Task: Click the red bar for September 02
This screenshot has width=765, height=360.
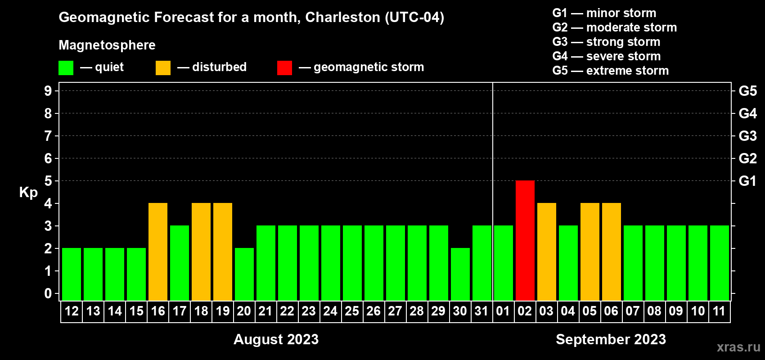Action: pos(525,240)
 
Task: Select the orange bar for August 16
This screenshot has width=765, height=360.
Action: pos(158,252)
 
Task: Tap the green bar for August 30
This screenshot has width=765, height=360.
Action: pos(460,274)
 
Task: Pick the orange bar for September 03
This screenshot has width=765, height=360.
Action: pos(547,252)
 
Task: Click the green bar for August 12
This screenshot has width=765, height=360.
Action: pos(72,274)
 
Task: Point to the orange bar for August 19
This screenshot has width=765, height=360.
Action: pos(223,252)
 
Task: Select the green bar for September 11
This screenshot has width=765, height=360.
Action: pos(720,263)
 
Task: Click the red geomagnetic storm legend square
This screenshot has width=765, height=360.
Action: pos(284,68)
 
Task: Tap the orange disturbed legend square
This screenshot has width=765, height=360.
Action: pos(163,68)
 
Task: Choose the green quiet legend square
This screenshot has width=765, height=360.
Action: pos(66,68)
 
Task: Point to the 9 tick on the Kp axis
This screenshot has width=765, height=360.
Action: pos(48,91)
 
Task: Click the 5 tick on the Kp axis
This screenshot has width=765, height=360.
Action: pos(48,181)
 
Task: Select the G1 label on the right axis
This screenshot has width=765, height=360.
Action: pos(747,181)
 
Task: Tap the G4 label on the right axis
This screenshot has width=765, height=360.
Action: pos(747,113)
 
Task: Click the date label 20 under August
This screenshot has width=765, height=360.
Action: pos(244,311)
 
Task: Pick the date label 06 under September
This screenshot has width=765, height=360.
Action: pos(611,311)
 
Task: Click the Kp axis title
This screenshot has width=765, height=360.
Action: pos(28,193)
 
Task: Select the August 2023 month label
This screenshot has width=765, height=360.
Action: pos(276,339)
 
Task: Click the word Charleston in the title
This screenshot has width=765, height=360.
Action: pos(342,17)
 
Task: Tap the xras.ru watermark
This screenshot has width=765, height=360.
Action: pos(738,347)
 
